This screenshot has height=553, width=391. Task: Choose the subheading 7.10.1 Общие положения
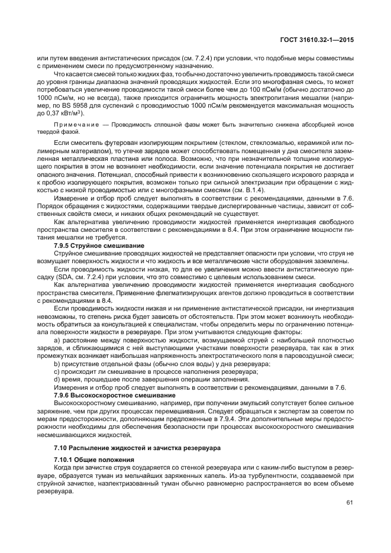pos(93,459)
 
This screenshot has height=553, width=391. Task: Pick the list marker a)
pos(57,341)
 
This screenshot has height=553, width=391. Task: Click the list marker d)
pos(57,379)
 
